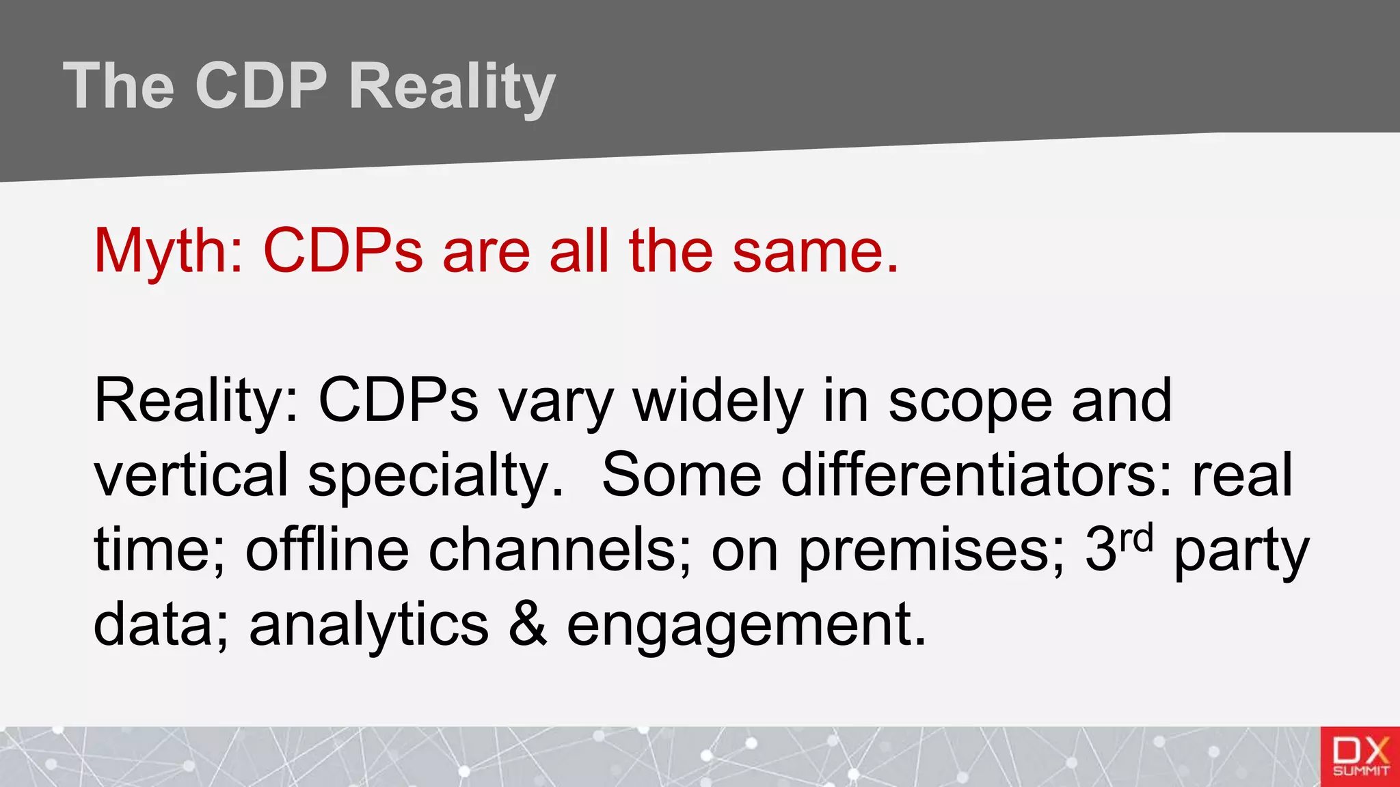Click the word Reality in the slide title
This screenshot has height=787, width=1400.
(452, 87)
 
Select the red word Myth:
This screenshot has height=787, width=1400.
(168, 251)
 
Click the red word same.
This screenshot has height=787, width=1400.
(815, 251)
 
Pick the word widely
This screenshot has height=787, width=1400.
(718, 402)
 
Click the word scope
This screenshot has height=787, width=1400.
(970, 402)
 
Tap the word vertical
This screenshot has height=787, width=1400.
(191, 475)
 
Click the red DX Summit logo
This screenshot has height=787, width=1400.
(1360, 756)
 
